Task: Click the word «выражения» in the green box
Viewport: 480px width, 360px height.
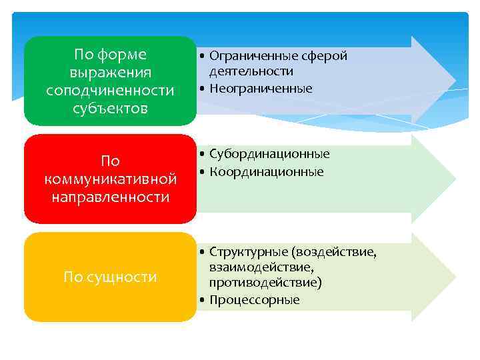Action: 110,72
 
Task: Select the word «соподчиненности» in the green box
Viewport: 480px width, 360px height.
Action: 110,89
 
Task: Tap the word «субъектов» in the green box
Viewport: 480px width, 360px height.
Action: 110,107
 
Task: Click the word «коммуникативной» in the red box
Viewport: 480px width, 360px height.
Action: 110,179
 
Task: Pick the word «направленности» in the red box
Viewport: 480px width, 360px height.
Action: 110,197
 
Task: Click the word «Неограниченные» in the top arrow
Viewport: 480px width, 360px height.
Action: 261,88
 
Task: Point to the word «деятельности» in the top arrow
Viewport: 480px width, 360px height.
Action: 251,71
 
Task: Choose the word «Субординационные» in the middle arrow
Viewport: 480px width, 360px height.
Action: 269,154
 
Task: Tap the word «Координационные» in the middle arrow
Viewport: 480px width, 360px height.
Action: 266,172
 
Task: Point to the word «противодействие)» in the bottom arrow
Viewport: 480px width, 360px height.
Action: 265,283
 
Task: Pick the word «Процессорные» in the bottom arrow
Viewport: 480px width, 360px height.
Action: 254,300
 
